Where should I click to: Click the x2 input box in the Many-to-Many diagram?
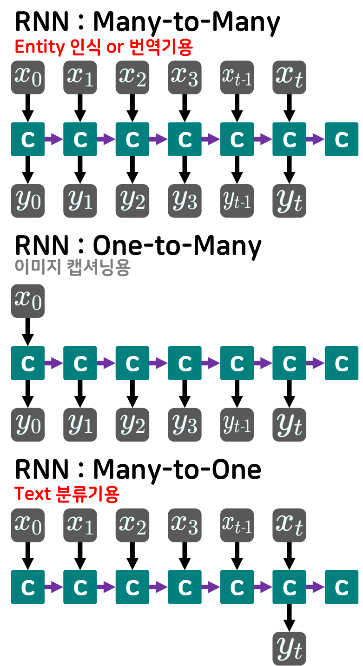pos(132,77)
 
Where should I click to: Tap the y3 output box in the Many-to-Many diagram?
pos(185,201)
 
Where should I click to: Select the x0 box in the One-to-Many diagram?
pos(28,301)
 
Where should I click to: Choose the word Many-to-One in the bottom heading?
pos(177,470)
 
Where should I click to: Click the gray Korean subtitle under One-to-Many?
pos(72,268)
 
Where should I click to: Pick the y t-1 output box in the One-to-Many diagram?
pos(237,424)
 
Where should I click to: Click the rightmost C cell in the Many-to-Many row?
pos(342,139)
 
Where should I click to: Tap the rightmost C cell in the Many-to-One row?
pos(342,587)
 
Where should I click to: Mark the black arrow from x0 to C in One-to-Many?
pos(28,332)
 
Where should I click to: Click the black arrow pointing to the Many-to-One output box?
pos(290,618)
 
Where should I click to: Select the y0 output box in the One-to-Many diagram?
pos(28,424)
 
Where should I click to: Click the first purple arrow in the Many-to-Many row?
pos(53,139)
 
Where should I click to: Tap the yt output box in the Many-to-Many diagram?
pos(290,201)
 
